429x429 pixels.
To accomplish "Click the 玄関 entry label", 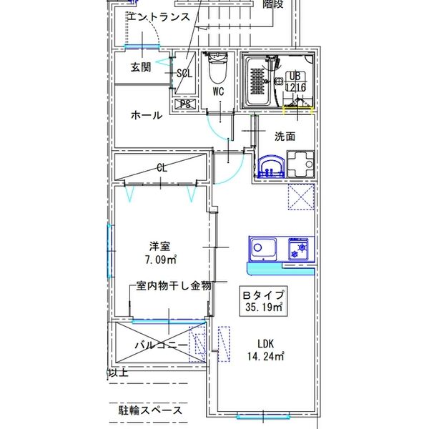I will click(x=141, y=68).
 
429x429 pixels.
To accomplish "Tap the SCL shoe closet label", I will click(x=184, y=73).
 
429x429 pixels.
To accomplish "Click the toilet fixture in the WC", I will click(x=216, y=69).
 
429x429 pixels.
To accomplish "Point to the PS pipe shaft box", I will click(x=185, y=104).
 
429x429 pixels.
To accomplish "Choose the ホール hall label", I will click(x=147, y=115).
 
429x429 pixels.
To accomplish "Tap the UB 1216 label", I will click(x=296, y=82).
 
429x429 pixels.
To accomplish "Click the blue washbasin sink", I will click(x=271, y=167).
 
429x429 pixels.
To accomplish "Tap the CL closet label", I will click(x=162, y=169).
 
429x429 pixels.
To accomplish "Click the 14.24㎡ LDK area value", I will click(x=267, y=356).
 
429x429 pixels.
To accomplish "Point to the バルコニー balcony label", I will click(x=162, y=345).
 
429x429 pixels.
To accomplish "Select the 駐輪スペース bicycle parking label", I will click(x=150, y=411).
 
